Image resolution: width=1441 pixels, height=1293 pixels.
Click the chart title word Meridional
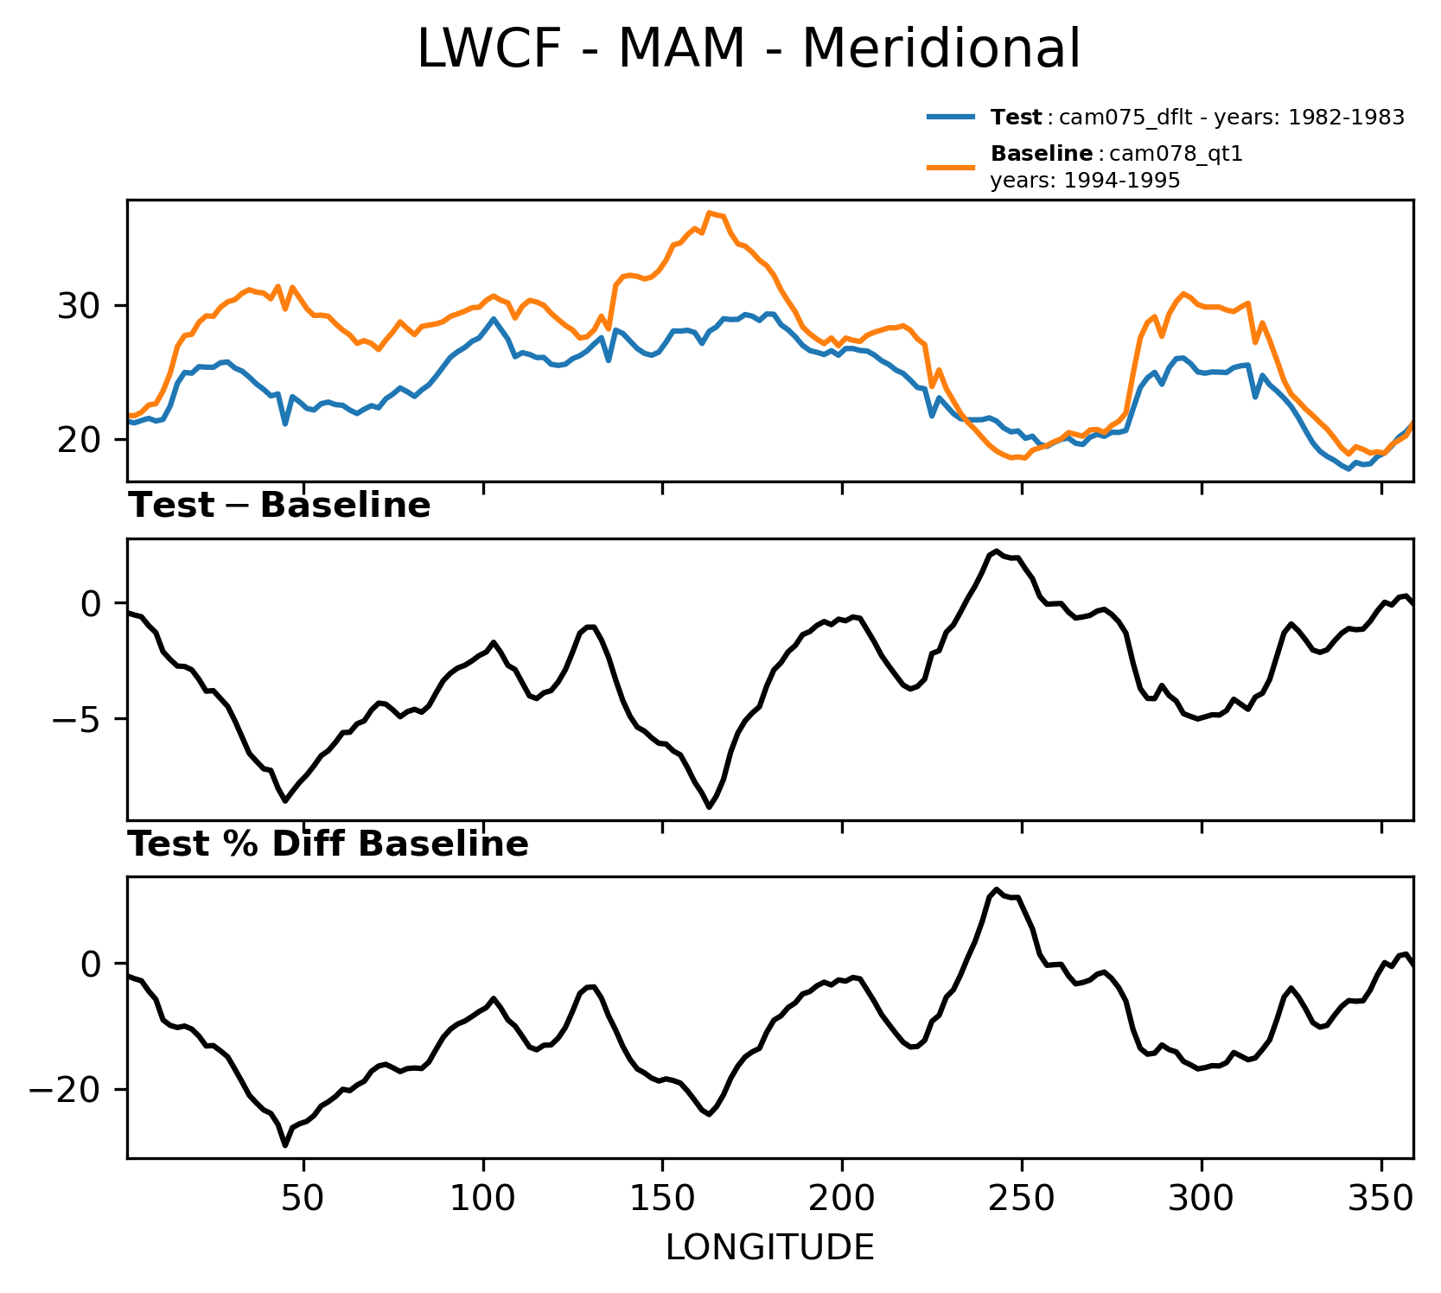tap(941, 49)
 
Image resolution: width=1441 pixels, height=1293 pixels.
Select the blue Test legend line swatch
tap(952, 117)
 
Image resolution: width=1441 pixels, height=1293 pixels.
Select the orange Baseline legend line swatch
tap(952, 166)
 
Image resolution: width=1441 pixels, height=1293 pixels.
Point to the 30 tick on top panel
tap(80, 307)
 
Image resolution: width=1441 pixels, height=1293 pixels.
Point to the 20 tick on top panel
tap(80, 440)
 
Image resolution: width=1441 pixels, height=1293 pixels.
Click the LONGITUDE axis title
tap(769, 1248)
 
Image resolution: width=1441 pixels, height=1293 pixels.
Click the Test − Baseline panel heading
tap(279, 506)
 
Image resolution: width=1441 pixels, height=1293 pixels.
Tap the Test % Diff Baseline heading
tap(328, 845)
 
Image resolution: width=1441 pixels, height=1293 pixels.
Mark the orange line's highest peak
tap(709, 213)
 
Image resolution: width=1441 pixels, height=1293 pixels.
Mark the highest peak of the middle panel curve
tap(997, 551)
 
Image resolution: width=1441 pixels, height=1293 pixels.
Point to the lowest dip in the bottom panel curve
tap(285, 1145)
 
